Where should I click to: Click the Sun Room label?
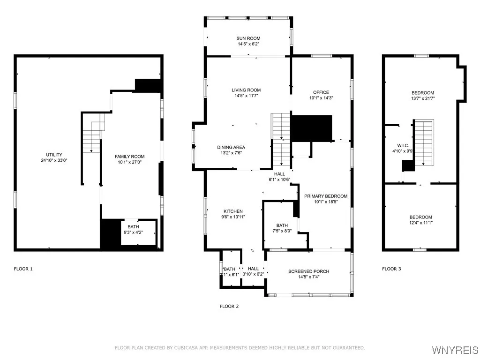(248, 38)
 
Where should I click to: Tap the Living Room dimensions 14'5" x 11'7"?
(246, 96)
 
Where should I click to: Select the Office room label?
(321, 92)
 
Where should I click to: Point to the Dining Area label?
(231, 147)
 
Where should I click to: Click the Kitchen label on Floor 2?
(232, 211)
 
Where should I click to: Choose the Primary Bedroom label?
(326, 196)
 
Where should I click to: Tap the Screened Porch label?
(308, 271)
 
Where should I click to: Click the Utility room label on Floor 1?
(54, 155)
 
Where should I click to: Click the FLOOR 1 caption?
(23, 269)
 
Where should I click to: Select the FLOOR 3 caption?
(391, 269)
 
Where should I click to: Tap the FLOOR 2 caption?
(229, 306)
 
